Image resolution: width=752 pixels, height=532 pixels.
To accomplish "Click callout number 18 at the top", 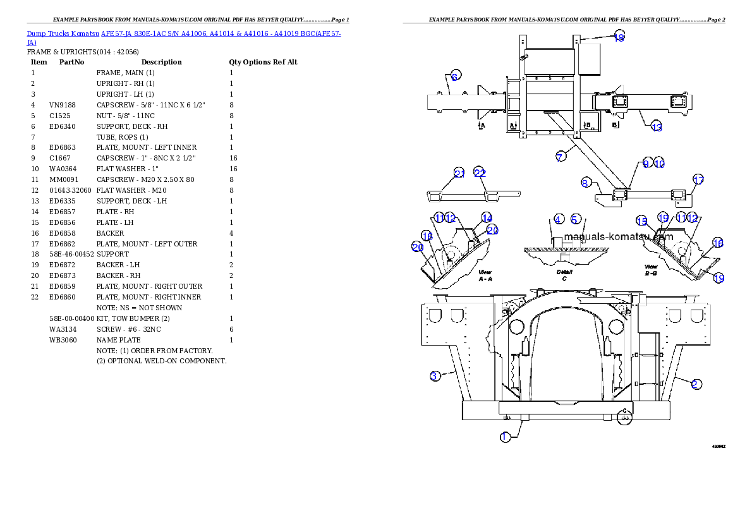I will tap(619, 37).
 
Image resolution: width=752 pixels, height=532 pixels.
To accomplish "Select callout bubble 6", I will tap(454, 76).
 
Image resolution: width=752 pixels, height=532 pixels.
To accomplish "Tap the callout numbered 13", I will tap(657, 127).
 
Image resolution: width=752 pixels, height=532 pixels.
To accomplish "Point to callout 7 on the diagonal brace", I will tap(561, 157).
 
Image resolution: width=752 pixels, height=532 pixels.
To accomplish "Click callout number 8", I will tap(586, 183).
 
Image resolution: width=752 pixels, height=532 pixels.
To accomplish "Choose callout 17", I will tap(698, 180).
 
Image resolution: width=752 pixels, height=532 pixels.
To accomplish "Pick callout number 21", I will tap(459, 174).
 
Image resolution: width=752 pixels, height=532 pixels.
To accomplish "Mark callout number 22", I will tap(480, 173).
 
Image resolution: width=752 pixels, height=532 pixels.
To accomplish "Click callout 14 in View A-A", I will tap(487, 218).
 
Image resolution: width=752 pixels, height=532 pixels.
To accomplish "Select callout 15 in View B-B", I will tap(641, 221).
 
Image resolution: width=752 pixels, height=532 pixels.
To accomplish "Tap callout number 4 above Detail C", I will tap(559, 219).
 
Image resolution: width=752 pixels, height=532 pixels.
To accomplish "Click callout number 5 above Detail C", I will tap(575, 219).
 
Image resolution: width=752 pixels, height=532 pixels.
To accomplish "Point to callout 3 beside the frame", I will tap(435, 377).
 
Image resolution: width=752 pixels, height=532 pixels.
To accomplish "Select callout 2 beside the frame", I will tap(696, 384).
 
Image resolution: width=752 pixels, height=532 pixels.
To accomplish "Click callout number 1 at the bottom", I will tap(505, 437).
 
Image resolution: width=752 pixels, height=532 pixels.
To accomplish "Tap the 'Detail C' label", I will tap(564, 275).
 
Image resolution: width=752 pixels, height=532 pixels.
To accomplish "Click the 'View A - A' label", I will tap(485, 275).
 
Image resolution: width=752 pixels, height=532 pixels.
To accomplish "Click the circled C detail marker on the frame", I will tap(624, 417).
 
